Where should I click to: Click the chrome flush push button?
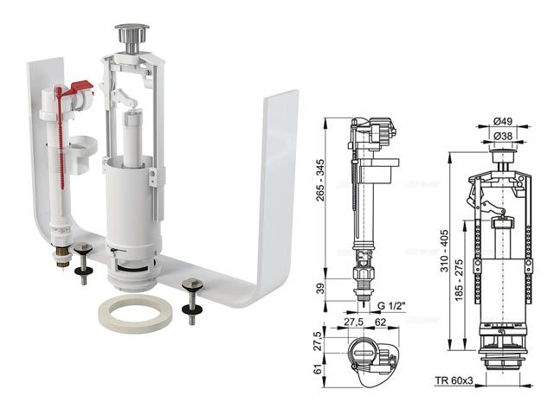[x=132, y=38]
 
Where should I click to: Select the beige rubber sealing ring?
[x=135, y=313]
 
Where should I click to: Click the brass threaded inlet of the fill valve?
[x=63, y=257]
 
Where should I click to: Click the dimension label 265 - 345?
[x=320, y=180]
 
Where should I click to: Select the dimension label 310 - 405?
[x=444, y=251]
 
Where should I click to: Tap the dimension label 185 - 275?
[x=459, y=280]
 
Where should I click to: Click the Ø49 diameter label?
[x=503, y=121]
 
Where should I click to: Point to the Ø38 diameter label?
[x=503, y=136]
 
